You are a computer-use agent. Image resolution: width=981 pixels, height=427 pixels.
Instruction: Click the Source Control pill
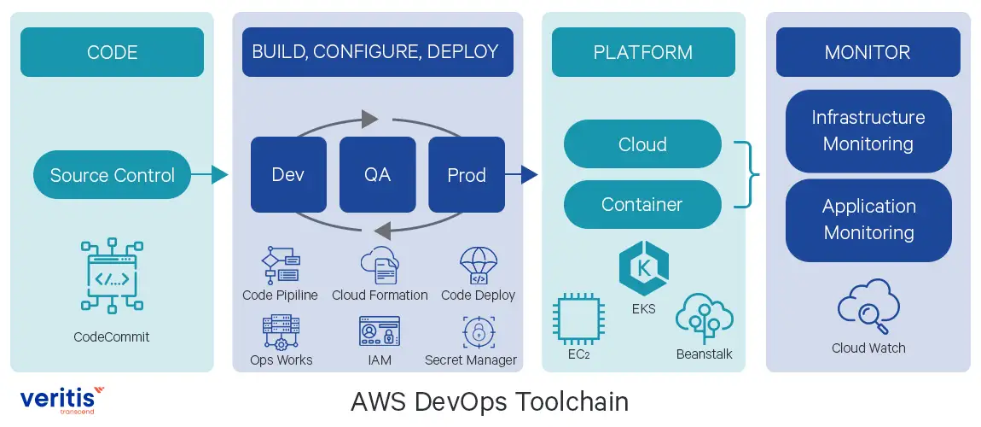tap(112, 175)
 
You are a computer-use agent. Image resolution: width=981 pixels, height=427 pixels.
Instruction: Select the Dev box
tap(288, 175)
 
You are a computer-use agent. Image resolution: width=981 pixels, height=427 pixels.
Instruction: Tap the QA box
tap(377, 175)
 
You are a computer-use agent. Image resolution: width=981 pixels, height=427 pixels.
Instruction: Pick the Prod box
tap(466, 175)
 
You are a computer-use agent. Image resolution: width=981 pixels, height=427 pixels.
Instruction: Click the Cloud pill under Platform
tap(642, 144)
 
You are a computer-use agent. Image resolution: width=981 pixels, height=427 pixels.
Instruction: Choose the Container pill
tap(642, 205)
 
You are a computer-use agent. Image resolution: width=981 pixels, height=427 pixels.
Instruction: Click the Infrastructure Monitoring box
tap(868, 131)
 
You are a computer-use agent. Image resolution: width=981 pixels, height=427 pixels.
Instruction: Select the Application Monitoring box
tap(868, 219)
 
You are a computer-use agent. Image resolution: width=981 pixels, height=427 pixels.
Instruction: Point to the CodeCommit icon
tap(112, 276)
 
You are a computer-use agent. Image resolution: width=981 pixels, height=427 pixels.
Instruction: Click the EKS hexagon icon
tap(644, 268)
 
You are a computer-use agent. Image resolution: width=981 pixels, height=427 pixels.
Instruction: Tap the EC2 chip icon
tap(578, 318)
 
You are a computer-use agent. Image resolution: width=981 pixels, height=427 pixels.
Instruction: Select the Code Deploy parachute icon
tap(478, 266)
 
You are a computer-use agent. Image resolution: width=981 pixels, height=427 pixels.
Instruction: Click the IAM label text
tap(380, 360)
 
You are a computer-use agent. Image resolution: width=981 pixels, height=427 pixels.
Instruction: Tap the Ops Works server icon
tap(281, 331)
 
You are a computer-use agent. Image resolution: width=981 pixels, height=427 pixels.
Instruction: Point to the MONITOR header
tap(868, 52)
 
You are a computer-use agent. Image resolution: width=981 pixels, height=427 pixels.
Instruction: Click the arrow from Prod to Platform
tap(522, 175)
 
